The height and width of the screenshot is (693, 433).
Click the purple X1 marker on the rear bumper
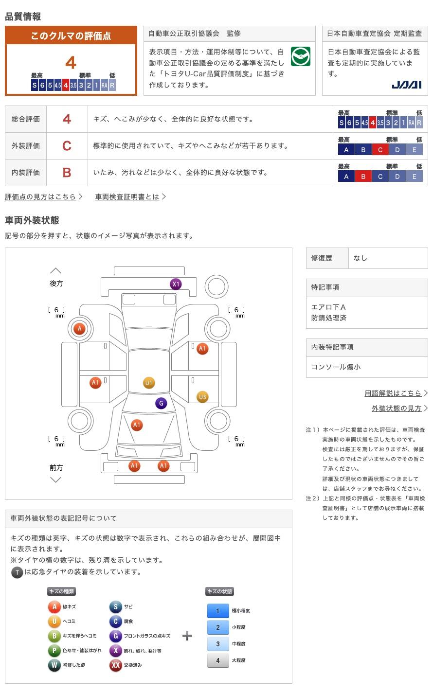(176, 284)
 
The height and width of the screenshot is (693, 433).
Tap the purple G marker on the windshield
(161, 403)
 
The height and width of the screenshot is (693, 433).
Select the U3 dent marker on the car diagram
(202, 397)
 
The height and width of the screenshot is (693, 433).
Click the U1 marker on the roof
(149, 383)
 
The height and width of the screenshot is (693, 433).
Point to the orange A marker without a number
(79, 329)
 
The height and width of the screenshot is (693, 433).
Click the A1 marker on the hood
(137, 425)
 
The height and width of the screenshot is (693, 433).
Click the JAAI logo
(407, 85)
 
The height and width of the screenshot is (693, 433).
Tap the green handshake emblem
(300, 56)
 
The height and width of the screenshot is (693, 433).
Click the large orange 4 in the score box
(71, 63)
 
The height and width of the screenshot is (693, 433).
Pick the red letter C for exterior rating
(67, 146)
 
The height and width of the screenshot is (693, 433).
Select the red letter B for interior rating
(67, 173)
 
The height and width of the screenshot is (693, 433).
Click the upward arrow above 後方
(56, 271)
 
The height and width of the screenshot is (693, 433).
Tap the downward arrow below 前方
(56, 480)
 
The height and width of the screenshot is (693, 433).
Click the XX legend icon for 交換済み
(116, 665)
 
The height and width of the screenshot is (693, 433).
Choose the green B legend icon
(54, 636)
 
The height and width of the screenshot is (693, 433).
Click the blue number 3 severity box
(218, 644)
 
